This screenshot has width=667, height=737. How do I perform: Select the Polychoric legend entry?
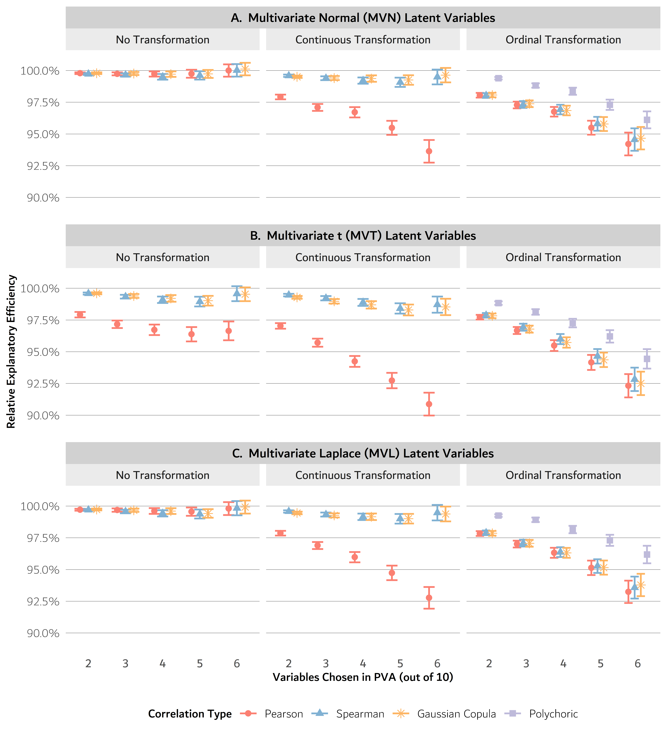(553, 714)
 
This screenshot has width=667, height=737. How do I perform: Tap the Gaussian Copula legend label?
(456, 714)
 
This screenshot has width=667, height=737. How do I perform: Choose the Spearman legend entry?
(360, 714)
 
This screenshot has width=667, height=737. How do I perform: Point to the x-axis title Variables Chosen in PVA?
(363, 677)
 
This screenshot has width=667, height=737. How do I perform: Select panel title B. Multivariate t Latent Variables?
(363, 235)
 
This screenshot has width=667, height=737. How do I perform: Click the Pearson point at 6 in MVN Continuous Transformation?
(429, 151)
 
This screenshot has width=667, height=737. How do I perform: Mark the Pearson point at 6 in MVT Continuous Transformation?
(429, 404)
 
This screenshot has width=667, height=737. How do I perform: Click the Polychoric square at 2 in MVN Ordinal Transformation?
(498, 78)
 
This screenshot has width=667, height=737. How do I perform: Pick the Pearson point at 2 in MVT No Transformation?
(80, 315)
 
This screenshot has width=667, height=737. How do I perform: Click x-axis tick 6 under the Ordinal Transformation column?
(637, 663)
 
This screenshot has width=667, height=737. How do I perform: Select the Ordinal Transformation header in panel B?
(563, 257)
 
